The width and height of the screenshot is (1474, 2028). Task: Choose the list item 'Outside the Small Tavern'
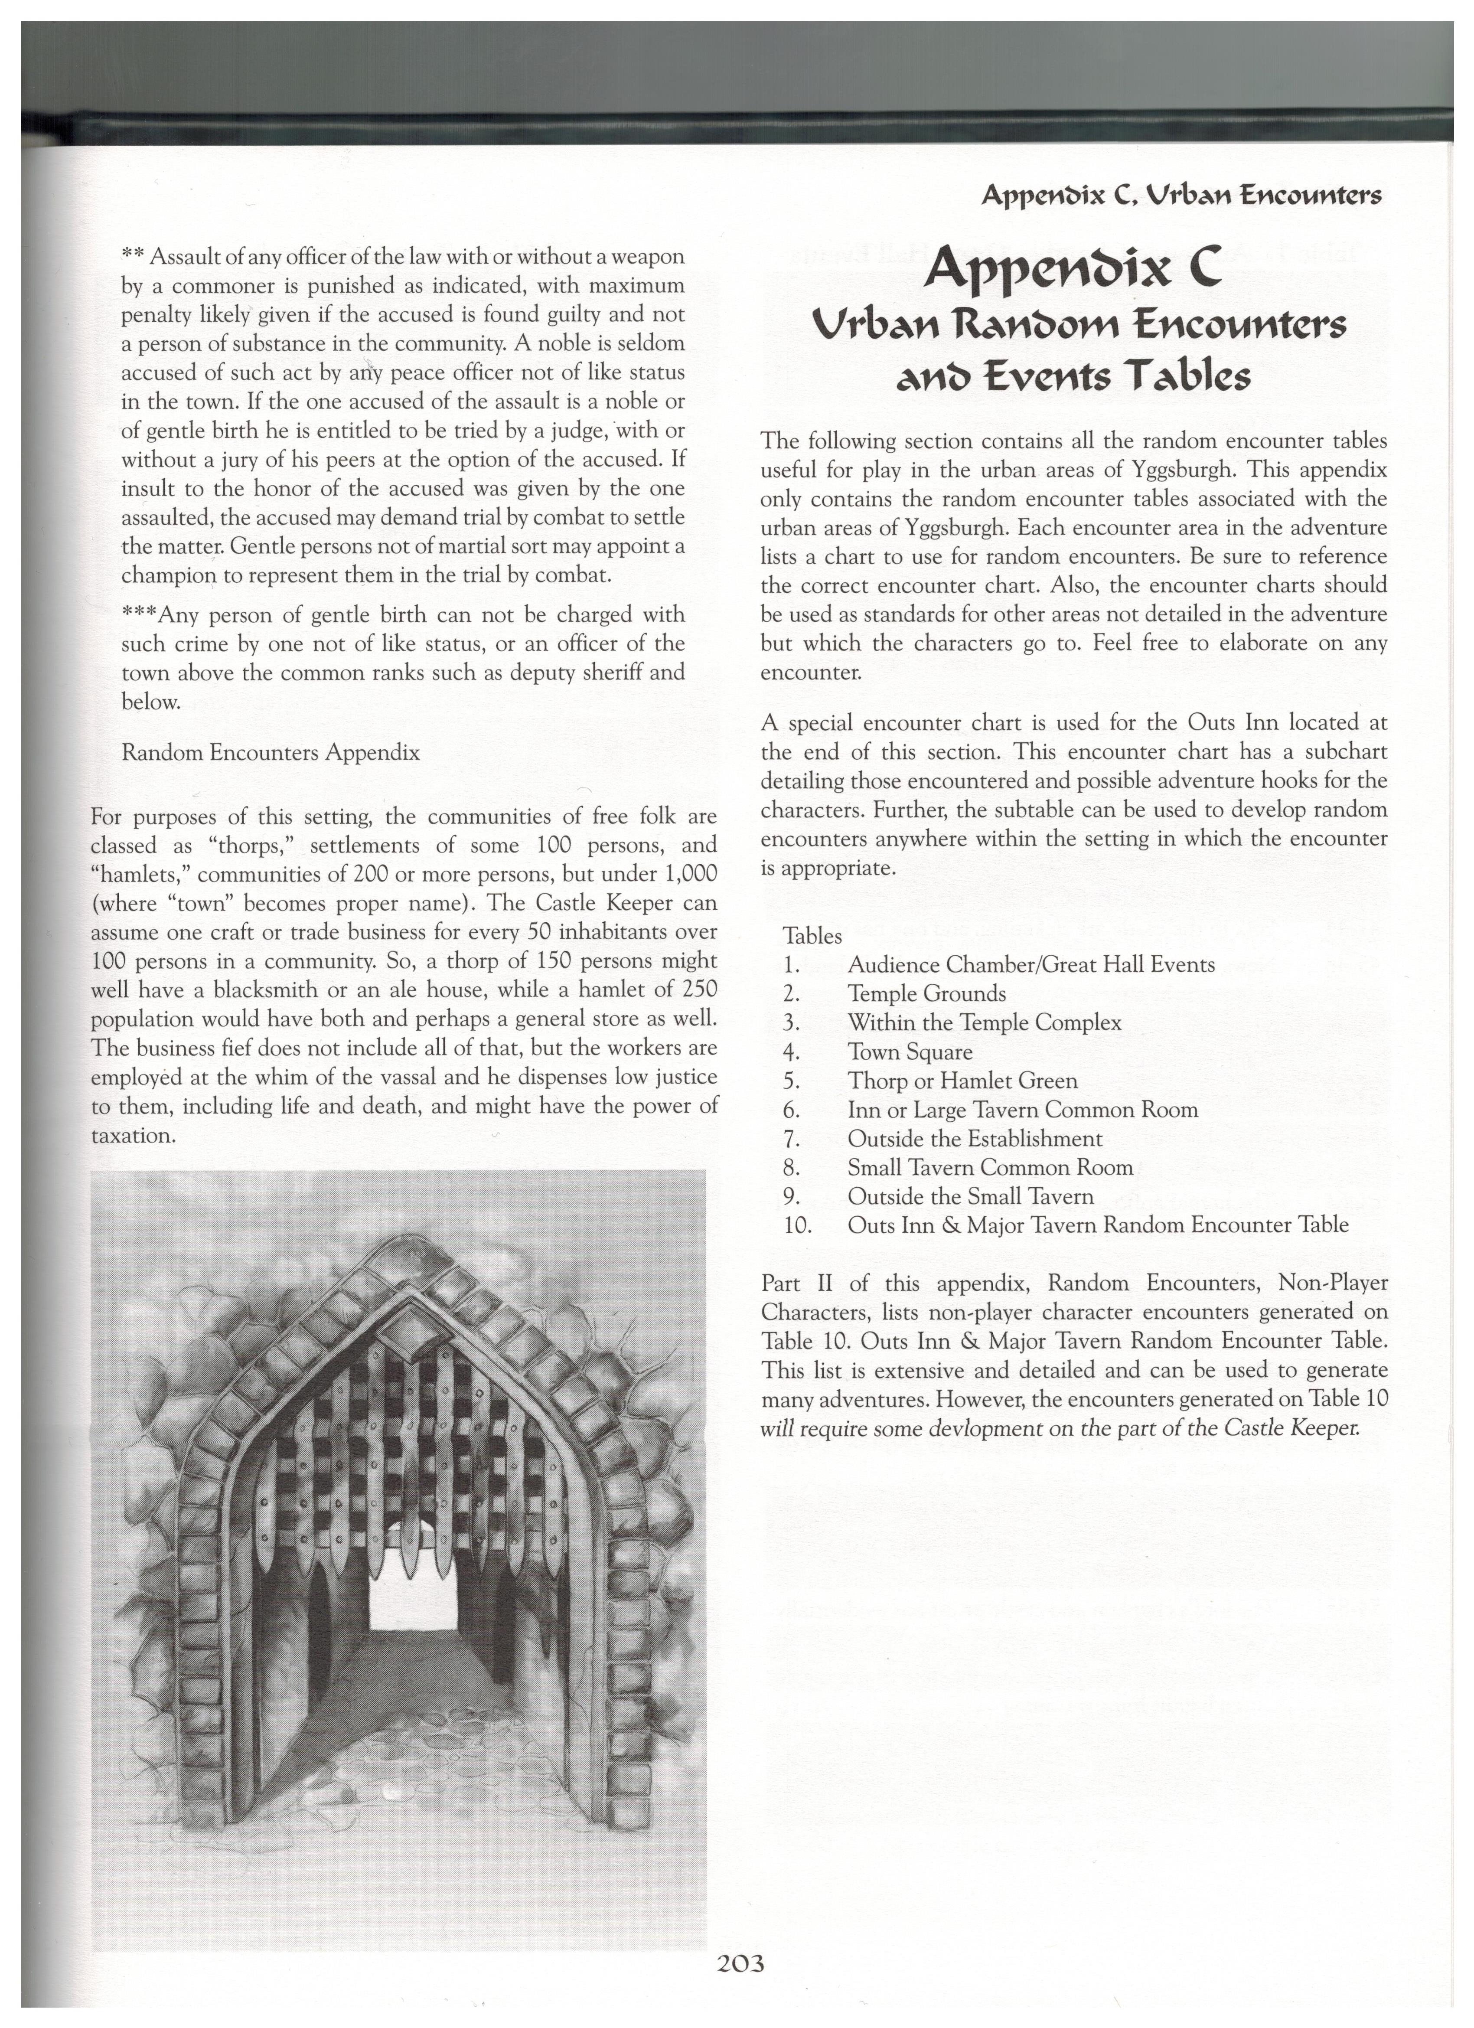[x=970, y=1196]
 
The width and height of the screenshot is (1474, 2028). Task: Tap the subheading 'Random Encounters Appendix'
[x=270, y=752]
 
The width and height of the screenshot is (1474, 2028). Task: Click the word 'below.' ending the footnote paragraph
[x=150, y=702]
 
